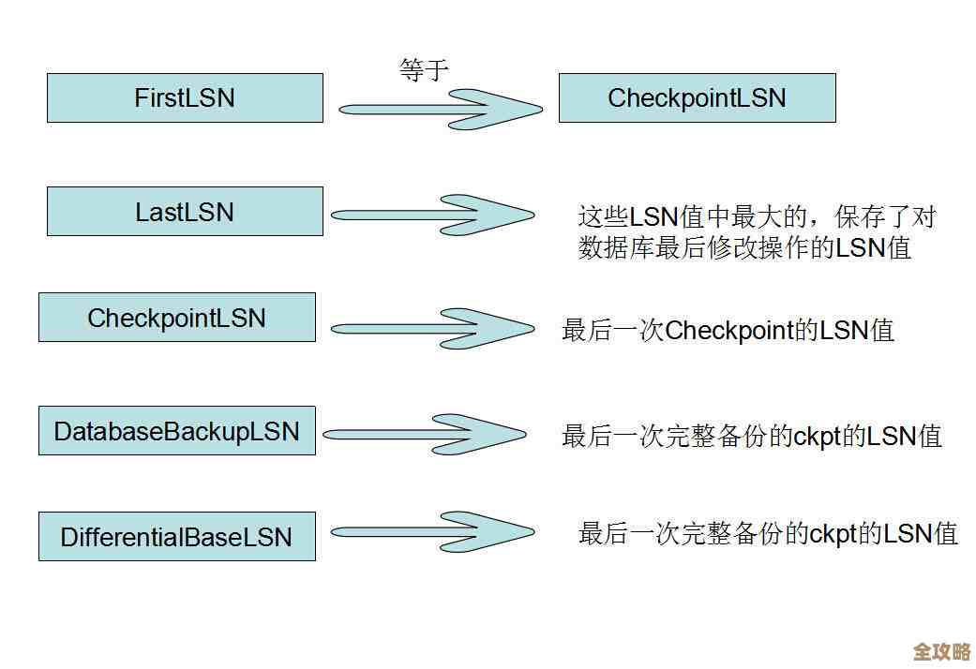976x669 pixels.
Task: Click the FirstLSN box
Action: point(185,98)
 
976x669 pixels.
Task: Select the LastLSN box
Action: point(185,212)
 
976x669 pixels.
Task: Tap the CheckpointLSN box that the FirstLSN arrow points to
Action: point(697,98)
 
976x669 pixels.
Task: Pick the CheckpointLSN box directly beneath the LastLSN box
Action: point(176,318)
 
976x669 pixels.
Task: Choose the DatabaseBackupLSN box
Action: point(176,431)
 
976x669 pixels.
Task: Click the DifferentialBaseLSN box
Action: point(176,537)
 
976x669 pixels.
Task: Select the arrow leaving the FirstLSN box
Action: point(441,109)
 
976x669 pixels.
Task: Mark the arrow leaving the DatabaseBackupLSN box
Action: point(427,434)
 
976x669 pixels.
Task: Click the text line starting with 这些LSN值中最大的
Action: point(757,217)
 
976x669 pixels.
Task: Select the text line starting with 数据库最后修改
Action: point(744,248)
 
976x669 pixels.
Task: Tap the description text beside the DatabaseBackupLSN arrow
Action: point(751,437)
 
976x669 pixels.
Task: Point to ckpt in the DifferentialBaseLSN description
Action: point(832,534)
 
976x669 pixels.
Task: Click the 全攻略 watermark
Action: point(941,651)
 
